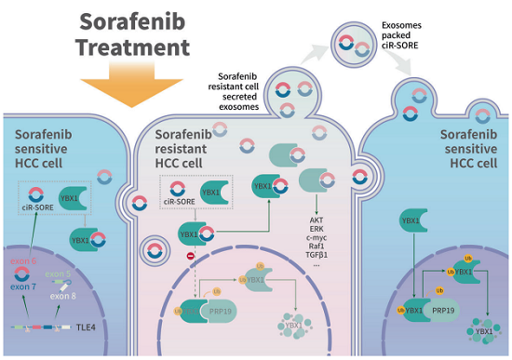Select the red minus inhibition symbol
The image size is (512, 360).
pyautogui.click(x=191, y=254)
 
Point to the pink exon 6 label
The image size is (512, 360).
pyautogui.click(x=24, y=264)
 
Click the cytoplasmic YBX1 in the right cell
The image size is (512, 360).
pyautogui.click(x=409, y=221)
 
